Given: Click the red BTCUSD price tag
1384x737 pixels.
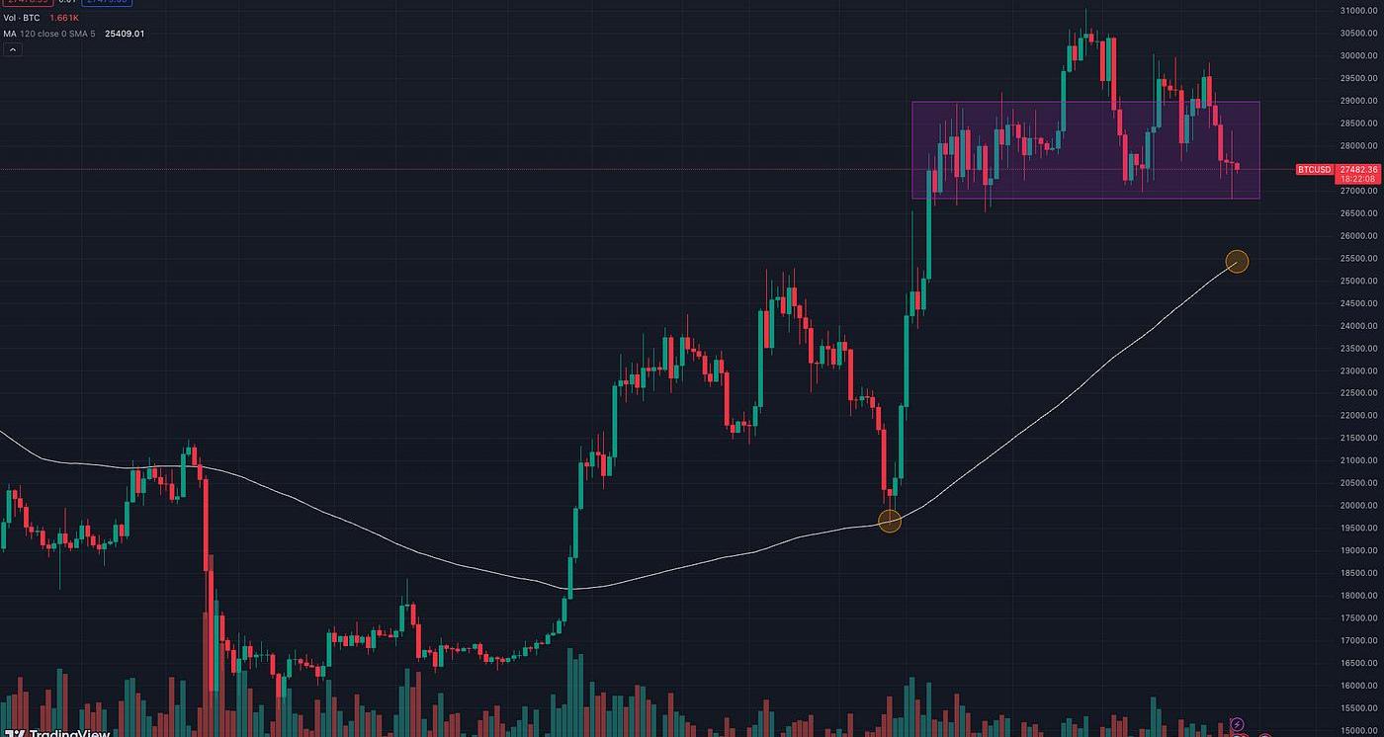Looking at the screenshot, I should pyautogui.click(x=1315, y=170).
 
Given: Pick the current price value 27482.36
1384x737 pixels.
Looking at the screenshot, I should pyautogui.click(x=1354, y=169).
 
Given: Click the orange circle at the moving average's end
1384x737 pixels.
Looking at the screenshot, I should pyautogui.click(x=1237, y=262).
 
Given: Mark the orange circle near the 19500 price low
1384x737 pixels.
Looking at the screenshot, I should pyautogui.click(x=890, y=522).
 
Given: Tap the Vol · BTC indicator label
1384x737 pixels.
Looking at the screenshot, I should pyautogui.click(x=22, y=18).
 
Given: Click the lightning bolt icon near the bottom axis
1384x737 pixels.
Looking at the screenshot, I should pyautogui.click(x=1236, y=725).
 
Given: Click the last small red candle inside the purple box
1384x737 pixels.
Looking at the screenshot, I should pyautogui.click(x=1237, y=165).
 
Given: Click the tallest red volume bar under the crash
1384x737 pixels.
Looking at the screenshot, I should pyautogui.click(x=209, y=672).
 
